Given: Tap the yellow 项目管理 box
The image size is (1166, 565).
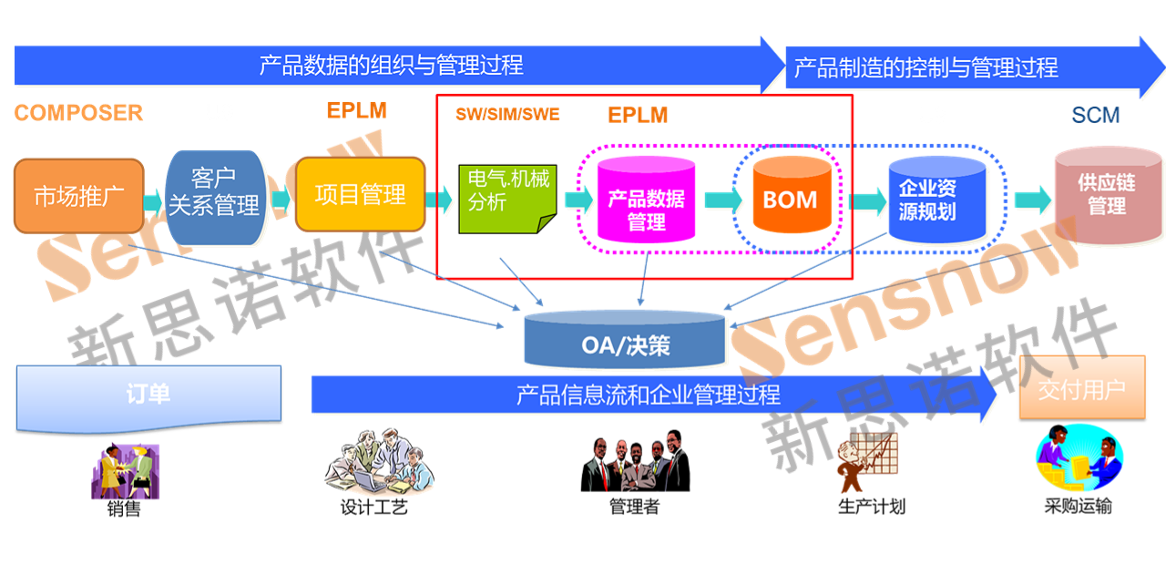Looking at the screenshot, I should click(360, 194).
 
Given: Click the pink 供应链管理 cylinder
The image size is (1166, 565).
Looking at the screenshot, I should click(1106, 196).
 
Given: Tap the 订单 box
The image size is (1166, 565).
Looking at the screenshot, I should click(148, 397).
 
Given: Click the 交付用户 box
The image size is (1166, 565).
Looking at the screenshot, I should click(1081, 390).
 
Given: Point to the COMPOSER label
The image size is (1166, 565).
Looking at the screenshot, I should click(78, 112).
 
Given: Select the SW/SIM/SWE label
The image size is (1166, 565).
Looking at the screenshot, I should click(507, 114).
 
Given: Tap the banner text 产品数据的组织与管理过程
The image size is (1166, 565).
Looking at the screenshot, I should click(392, 66).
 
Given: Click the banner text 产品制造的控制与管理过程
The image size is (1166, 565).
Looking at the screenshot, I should click(926, 67).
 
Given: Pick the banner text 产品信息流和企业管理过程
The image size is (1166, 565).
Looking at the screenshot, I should click(648, 395).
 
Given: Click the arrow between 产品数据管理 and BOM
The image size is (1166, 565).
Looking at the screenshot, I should click(723, 199).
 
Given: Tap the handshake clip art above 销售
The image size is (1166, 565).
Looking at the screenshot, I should click(125, 470).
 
